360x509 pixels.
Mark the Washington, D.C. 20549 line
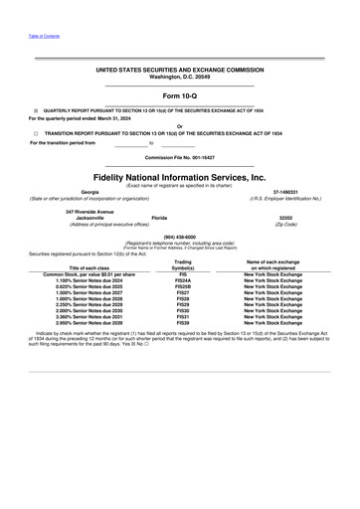point(180,77)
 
